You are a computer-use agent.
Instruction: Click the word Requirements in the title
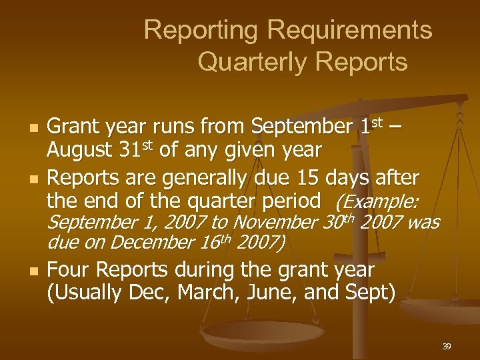[350, 30]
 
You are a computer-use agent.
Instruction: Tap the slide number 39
[447, 346]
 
